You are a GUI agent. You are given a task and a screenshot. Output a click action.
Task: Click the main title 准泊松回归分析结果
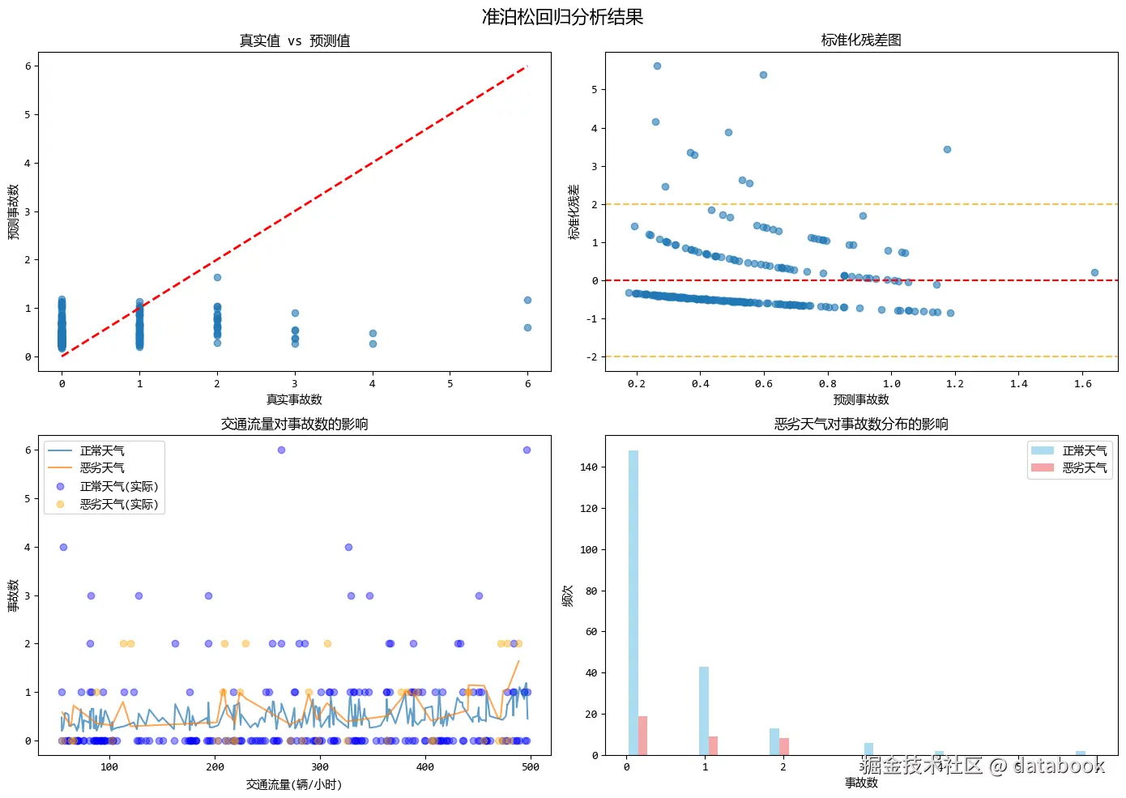click(x=562, y=17)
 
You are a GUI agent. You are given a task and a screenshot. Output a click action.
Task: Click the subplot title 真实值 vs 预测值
click(x=294, y=41)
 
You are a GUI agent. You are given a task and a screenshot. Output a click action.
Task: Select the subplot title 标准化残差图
click(x=861, y=40)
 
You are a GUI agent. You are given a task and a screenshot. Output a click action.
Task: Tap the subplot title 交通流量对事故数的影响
click(x=294, y=424)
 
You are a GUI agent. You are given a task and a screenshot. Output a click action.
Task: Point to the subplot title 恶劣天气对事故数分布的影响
click(x=861, y=424)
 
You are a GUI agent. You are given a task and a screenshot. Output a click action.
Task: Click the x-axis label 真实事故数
click(x=294, y=399)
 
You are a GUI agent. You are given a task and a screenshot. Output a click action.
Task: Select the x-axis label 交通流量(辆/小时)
click(x=294, y=784)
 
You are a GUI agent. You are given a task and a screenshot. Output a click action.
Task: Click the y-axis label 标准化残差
click(x=574, y=212)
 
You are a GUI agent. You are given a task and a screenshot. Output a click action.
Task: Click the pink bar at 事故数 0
click(x=643, y=736)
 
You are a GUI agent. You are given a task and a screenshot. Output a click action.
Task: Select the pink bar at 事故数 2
click(x=784, y=746)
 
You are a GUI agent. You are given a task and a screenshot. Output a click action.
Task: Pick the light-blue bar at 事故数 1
click(x=704, y=711)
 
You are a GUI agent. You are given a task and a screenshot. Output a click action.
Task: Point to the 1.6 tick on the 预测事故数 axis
click(x=1082, y=383)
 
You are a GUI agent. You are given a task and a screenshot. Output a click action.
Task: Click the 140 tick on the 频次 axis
click(x=589, y=467)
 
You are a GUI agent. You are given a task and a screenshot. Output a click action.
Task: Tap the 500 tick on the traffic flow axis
click(x=531, y=766)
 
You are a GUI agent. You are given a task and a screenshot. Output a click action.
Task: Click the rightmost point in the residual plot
click(x=1094, y=273)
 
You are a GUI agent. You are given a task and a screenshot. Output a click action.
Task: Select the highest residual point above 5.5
click(x=657, y=66)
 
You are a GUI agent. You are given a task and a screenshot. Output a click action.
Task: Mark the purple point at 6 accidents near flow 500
click(x=527, y=450)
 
